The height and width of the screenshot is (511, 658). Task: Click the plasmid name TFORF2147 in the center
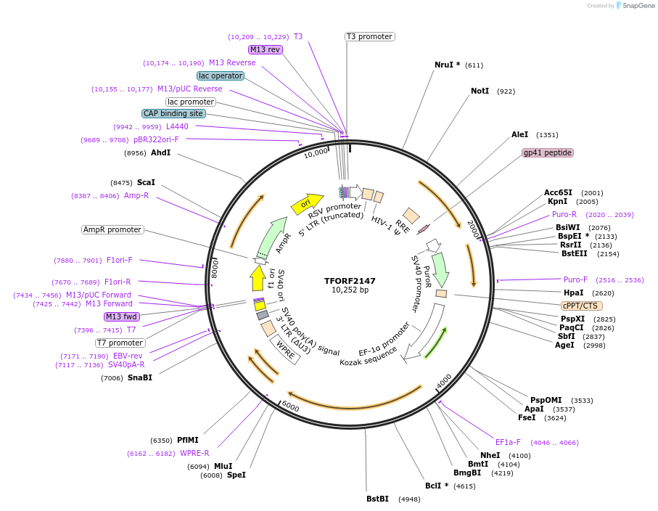click(x=350, y=280)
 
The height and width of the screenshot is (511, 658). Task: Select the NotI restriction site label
click(x=480, y=91)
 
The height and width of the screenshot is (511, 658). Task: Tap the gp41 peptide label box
click(x=548, y=153)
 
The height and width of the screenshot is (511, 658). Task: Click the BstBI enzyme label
click(x=378, y=499)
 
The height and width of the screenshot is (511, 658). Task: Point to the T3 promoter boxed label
click(x=369, y=36)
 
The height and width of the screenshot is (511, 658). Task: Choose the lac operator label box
click(x=221, y=75)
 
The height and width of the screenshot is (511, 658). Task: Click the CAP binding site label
click(x=173, y=113)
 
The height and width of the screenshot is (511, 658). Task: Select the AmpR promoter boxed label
click(x=112, y=229)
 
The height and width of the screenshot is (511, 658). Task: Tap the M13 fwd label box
click(x=121, y=316)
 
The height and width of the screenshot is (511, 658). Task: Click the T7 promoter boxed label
click(x=120, y=343)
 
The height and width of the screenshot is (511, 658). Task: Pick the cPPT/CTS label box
click(x=580, y=306)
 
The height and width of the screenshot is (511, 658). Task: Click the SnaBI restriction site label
click(x=140, y=377)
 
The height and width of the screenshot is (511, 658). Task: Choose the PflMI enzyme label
click(x=187, y=440)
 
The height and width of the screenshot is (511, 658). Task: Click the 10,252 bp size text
click(x=350, y=290)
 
